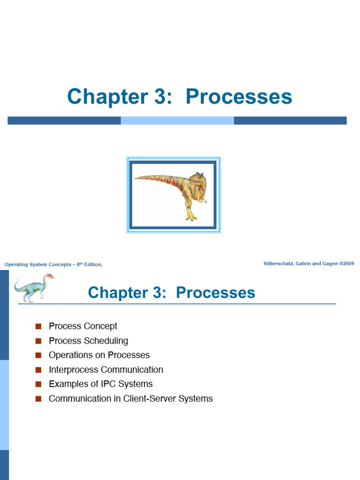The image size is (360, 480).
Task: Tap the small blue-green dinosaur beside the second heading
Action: click(34, 288)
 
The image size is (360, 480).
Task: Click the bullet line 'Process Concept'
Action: click(83, 326)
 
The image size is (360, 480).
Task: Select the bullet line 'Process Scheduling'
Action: click(89, 341)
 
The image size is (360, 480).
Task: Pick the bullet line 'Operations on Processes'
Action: click(99, 355)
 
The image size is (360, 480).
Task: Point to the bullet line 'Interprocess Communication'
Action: click(106, 369)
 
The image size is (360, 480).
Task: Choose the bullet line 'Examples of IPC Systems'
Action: click(101, 384)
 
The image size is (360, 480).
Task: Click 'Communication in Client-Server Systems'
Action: click(131, 398)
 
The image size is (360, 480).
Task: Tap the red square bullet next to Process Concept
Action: click(38, 326)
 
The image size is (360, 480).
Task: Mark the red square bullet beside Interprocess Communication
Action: click(38, 370)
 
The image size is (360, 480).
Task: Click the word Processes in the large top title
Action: click(239, 97)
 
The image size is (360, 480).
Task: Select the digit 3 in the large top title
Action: click(160, 97)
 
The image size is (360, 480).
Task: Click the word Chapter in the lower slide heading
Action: click(118, 293)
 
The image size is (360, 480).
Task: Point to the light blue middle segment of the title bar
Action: click(177, 120)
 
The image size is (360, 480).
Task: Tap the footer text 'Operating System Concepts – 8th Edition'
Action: click(53, 264)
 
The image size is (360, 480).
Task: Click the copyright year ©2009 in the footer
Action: click(347, 263)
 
